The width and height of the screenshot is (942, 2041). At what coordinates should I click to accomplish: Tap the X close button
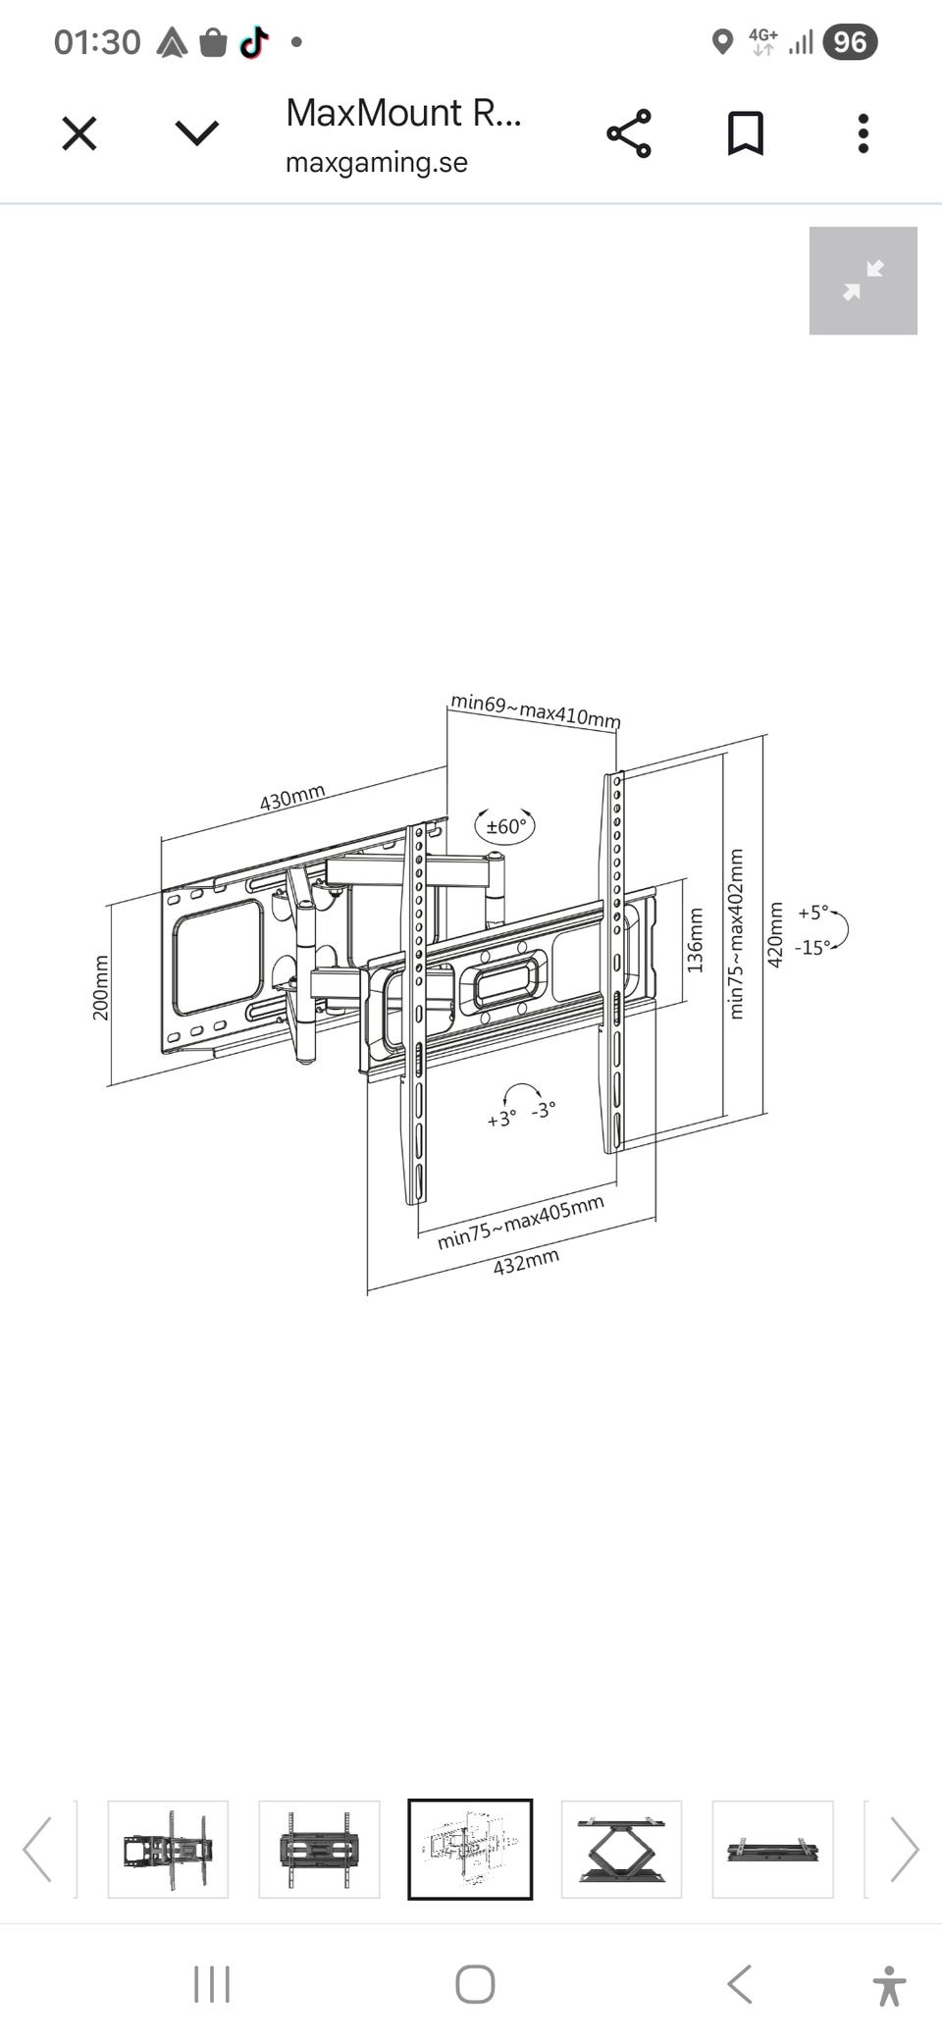point(79,133)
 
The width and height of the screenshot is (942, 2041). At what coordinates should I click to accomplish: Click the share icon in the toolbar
point(629,133)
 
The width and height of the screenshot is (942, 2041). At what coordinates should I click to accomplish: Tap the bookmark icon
point(746,133)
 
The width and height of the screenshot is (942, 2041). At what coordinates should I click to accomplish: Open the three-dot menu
point(863,133)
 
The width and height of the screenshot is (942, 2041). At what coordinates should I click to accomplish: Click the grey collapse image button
point(863,281)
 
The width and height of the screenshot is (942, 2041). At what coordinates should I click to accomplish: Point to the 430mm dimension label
point(292,798)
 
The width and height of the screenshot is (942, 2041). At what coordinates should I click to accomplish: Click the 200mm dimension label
point(100,987)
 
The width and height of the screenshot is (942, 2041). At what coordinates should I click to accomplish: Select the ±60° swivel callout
point(505,826)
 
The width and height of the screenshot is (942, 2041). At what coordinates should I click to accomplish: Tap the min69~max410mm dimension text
point(536,710)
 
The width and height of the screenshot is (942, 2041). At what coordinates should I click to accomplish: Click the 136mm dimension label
point(695,940)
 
